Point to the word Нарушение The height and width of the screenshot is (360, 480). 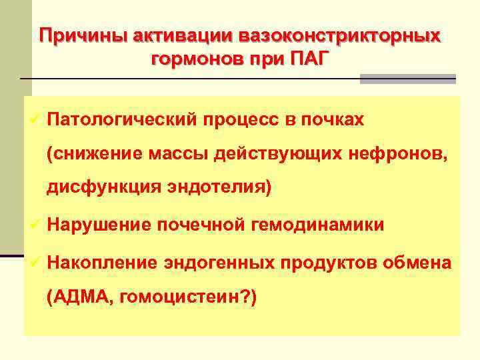(99, 225)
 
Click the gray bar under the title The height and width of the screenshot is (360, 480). (408, 79)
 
